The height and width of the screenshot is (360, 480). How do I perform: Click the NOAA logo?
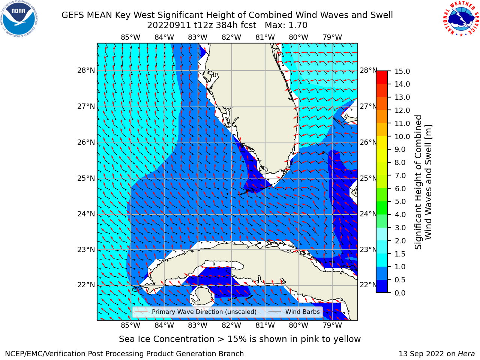(x=19, y=19)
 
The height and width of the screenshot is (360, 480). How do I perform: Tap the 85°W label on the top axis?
(x=130, y=37)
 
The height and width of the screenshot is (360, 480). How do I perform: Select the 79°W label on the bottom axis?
(x=332, y=325)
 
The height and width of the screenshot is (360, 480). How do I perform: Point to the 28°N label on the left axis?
(x=86, y=70)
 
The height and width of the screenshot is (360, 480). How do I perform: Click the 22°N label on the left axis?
(x=86, y=285)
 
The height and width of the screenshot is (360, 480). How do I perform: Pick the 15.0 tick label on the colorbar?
(x=402, y=71)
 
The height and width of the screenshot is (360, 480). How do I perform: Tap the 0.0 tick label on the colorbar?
(x=400, y=293)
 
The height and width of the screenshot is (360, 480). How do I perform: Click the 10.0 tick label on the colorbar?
(x=402, y=136)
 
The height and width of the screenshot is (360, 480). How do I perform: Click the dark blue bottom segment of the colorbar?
(x=382, y=286)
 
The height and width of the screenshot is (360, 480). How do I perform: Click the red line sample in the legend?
(x=141, y=312)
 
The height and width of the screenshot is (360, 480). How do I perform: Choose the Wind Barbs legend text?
(x=302, y=312)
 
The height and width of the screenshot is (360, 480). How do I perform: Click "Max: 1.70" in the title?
(x=286, y=25)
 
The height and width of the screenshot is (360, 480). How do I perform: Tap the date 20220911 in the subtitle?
(x=169, y=25)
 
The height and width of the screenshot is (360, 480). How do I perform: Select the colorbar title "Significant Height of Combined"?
(x=418, y=182)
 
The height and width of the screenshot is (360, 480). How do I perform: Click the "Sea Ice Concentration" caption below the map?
(x=166, y=339)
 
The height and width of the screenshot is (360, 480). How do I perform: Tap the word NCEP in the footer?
(x=14, y=354)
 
